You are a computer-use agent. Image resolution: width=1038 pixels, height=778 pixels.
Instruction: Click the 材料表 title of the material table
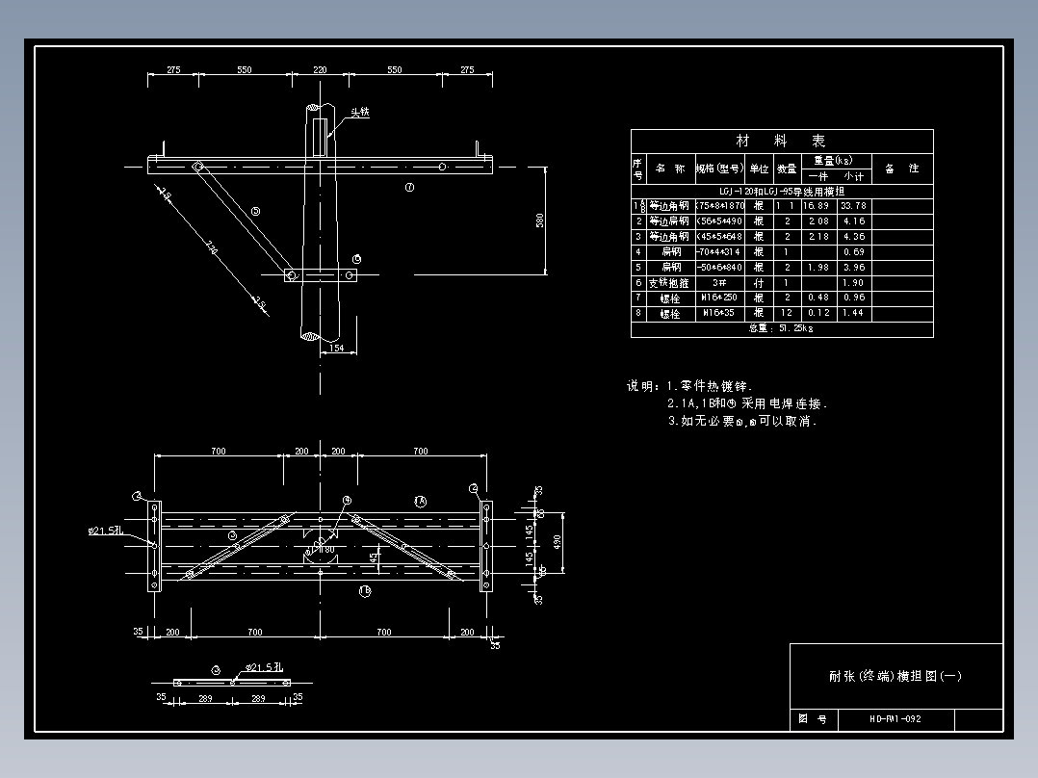click(781, 141)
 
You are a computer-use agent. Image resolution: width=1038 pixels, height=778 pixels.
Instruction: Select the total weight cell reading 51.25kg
click(781, 328)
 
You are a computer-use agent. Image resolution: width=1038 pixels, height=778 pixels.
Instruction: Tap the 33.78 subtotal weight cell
click(853, 205)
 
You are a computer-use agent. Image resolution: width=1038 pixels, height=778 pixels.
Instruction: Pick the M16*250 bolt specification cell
click(719, 298)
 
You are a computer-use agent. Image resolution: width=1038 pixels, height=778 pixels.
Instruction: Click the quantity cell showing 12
click(787, 313)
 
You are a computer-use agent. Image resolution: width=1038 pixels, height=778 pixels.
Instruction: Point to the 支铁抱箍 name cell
click(669, 282)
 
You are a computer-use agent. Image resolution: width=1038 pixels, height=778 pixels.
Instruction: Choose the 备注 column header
click(901, 169)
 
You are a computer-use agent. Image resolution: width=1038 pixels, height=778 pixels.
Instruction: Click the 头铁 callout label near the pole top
click(359, 113)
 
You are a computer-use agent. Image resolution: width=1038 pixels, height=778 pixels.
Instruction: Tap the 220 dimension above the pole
click(320, 70)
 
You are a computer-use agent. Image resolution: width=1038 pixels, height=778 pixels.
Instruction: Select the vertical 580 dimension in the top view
click(540, 220)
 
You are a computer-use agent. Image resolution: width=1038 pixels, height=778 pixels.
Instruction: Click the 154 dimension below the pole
click(336, 349)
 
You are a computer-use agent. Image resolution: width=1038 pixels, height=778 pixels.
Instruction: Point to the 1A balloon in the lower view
click(420, 501)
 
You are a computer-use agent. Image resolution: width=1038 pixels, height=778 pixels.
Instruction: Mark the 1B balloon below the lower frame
click(365, 591)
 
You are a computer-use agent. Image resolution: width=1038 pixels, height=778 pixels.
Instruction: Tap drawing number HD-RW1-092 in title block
click(895, 719)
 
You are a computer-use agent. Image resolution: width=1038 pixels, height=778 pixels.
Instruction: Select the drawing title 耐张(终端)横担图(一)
click(895, 676)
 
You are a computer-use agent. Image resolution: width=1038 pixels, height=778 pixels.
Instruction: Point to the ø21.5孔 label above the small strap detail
click(262, 666)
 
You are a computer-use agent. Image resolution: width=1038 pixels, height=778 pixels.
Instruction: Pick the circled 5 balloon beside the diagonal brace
click(255, 211)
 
